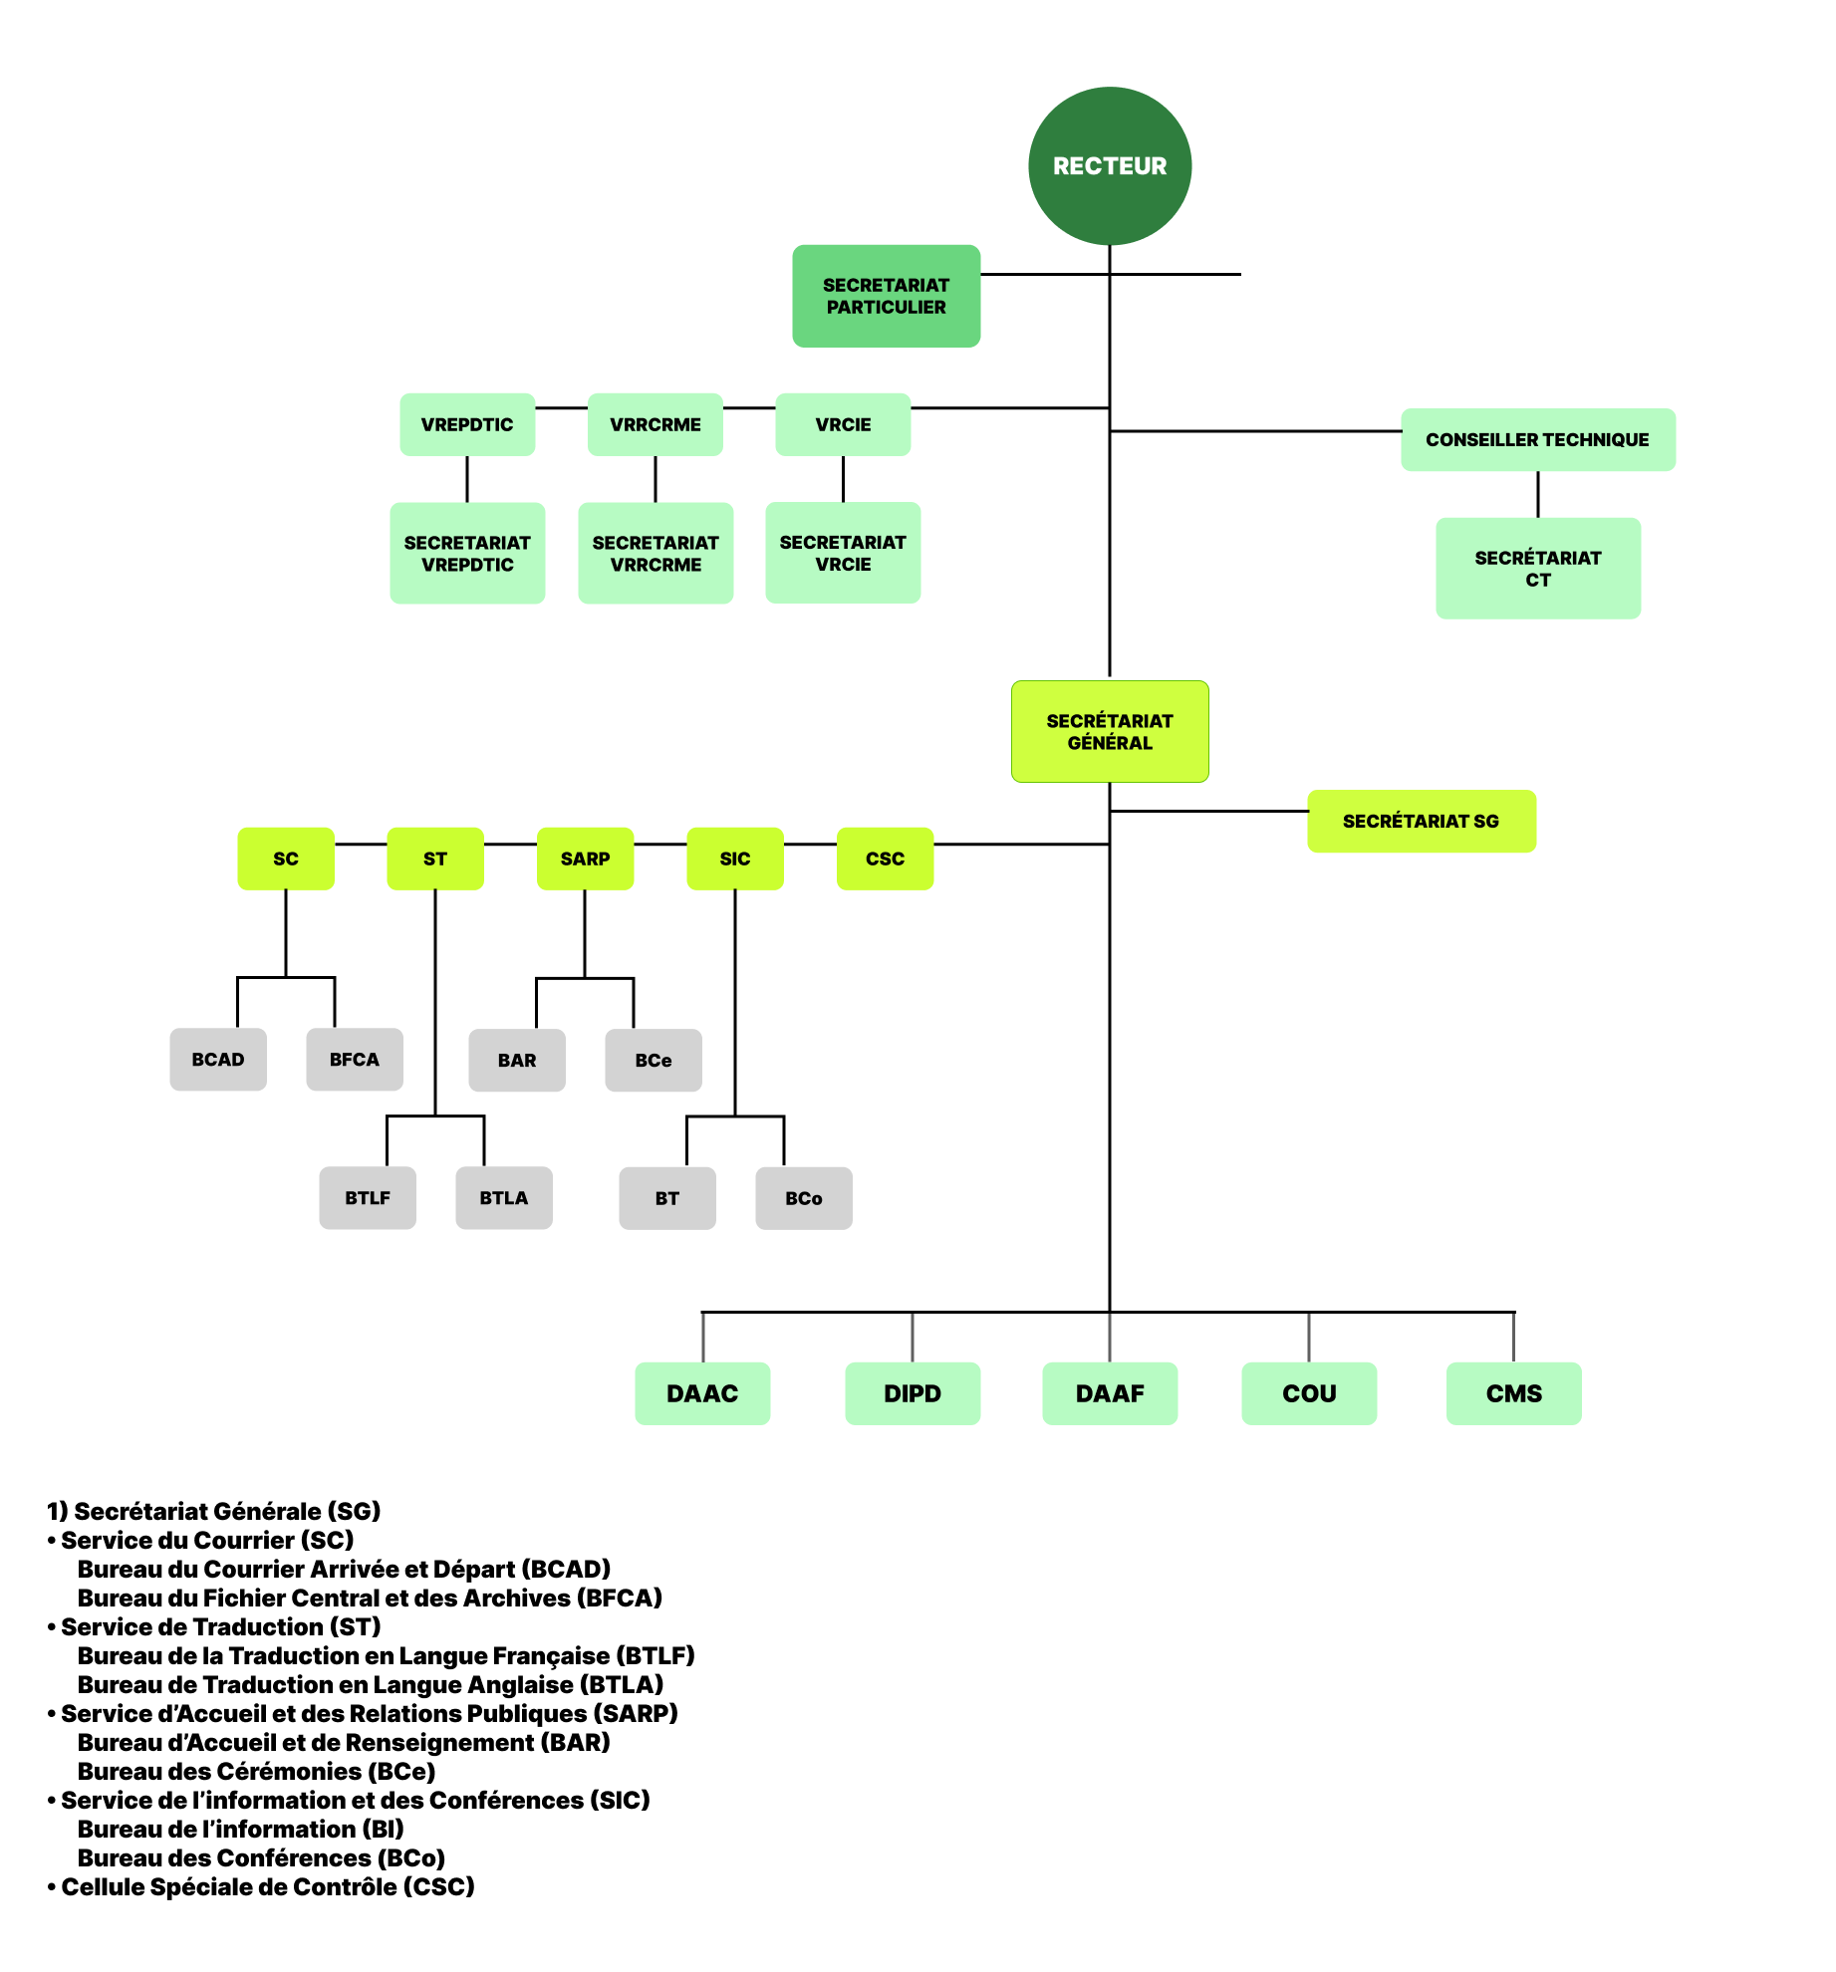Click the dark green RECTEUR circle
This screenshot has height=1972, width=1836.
[x=1109, y=165]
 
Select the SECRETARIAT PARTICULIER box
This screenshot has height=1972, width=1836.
[x=886, y=296]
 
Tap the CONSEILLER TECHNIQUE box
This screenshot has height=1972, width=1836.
[x=1537, y=439]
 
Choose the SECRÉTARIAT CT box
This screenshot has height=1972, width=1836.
[x=1537, y=568]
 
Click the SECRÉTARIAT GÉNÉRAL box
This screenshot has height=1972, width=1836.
[x=1109, y=731]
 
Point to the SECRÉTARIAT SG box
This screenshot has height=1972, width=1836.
[x=1420, y=821]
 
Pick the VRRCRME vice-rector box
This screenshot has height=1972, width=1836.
[x=655, y=424]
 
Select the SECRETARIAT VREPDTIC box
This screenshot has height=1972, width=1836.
[x=467, y=553]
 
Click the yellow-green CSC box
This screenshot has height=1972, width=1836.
[x=885, y=859]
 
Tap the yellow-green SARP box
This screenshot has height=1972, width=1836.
[x=585, y=859]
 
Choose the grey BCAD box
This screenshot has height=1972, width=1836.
[x=218, y=1059]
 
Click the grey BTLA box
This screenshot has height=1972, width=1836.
[x=503, y=1197]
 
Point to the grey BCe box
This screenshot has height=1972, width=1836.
[x=653, y=1060]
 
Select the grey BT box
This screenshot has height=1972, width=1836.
[x=666, y=1198]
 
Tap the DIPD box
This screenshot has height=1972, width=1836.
[x=912, y=1393]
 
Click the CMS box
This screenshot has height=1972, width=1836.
[x=1512, y=1393]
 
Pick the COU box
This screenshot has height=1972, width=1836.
[x=1308, y=1393]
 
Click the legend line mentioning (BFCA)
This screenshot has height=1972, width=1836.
[x=370, y=1598]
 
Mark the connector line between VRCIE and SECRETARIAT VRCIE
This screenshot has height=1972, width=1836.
[x=843, y=479]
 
